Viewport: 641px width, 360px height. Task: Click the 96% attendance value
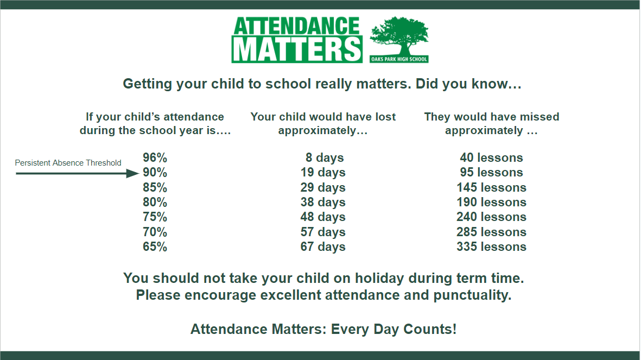tap(155, 157)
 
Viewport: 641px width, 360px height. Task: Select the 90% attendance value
tap(155, 172)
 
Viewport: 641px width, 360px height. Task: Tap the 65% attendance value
tap(155, 247)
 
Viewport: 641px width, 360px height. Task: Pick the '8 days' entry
tap(325, 158)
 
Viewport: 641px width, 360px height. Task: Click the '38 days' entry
tap(323, 203)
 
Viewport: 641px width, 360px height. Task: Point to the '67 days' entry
tap(323, 247)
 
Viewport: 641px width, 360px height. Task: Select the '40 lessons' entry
tap(491, 157)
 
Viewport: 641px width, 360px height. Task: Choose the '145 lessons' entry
tap(491, 187)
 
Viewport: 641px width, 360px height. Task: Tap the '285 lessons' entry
tap(491, 232)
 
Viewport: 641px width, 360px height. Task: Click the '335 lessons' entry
tap(491, 247)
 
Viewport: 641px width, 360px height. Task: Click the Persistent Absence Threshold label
tap(68, 163)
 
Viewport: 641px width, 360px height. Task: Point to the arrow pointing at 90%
tap(77, 173)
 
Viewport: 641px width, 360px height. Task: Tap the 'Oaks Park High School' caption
tap(399, 59)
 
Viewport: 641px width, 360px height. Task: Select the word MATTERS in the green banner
tap(297, 50)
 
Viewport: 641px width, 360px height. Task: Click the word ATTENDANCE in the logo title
tap(296, 26)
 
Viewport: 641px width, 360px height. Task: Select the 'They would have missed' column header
tap(491, 117)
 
